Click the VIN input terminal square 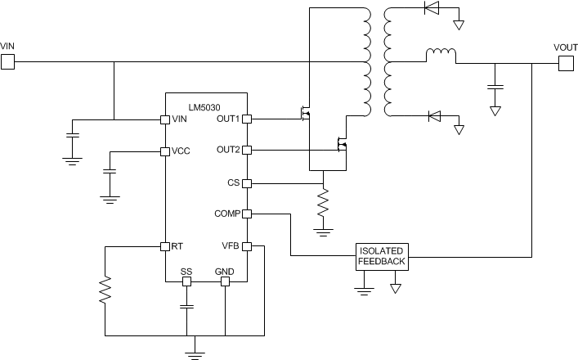pyautogui.click(x=7, y=61)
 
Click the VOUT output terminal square pyautogui.click(x=566, y=62)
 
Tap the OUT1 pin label pyautogui.click(x=226, y=119)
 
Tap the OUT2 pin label pyautogui.click(x=226, y=151)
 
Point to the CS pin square pyautogui.click(x=247, y=183)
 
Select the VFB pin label pyautogui.click(x=231, y=246)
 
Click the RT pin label pyautogui.click(x=177, y=246)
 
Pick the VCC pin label pyautogui.click(x=181, y=151)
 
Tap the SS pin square pyautogui.click(x=186, y=281)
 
